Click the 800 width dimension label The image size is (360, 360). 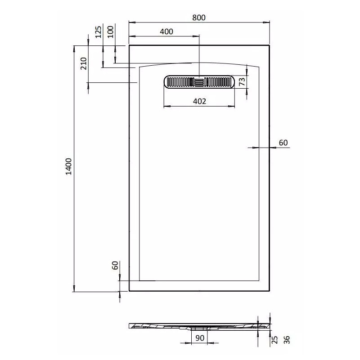click(199, 18)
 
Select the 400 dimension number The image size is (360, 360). click(166, 31)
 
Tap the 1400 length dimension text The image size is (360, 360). click(69, 166)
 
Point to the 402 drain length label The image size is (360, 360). click(199, 101)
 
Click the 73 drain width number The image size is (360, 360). click(242, 81)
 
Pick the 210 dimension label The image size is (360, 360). click(84, 63)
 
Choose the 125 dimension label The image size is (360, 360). click(98, 32)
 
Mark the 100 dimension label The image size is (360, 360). click(110, 31)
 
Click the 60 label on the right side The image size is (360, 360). click(283, 143)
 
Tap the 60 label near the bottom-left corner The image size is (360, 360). click(115, 265)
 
